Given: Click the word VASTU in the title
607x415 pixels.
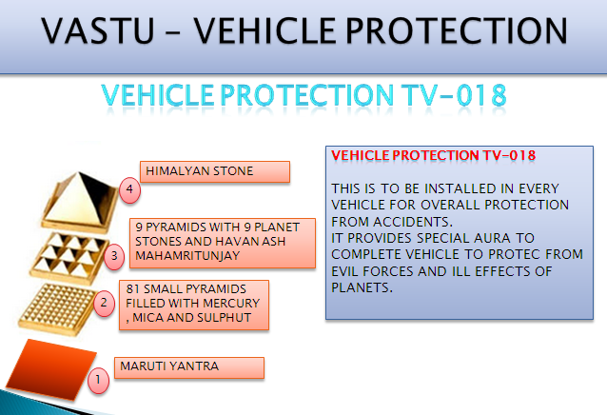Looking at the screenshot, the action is (x=98, y=30).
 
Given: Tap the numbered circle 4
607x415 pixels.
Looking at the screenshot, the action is (x=129, y=189).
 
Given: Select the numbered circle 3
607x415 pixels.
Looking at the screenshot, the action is (x=114, y=256).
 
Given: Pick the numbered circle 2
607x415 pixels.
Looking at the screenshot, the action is (x=104, y=303).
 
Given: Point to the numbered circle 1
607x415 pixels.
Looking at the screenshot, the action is (x=98, y=380).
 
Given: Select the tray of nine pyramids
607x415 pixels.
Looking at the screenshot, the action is (x=69, y=257).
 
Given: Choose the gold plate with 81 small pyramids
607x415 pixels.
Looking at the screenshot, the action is (x=57, y=308).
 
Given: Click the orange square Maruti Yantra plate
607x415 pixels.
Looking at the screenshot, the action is (x=50, y=368).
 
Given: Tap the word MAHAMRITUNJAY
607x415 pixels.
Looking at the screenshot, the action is (x=187, y=256).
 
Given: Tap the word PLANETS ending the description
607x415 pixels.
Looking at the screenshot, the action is (x=362, y=287).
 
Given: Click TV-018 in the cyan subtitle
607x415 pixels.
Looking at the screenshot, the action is (x=453, y=95).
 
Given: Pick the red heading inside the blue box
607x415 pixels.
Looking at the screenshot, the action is (x=434, y=155).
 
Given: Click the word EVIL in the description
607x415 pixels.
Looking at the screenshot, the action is (x=345, y=271).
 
